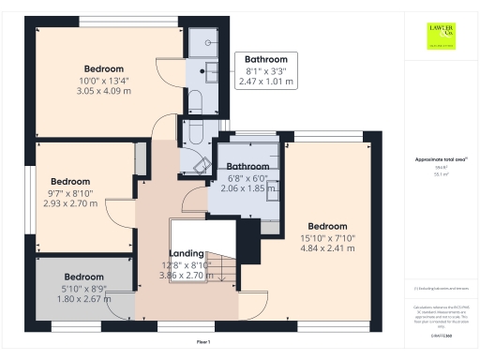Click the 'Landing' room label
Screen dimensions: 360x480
point(187,254)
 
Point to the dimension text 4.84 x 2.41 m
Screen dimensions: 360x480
point(327,249)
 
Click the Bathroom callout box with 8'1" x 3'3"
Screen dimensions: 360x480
point(265,70)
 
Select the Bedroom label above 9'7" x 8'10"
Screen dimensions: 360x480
point(70,181)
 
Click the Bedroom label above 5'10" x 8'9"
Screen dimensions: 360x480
point(83,277)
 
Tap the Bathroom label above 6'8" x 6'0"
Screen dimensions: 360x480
point(247,167)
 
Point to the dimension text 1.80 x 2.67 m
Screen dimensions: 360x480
point(83,299)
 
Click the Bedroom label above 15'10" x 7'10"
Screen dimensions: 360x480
point(327,226)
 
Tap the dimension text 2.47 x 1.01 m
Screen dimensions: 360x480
point(265,82)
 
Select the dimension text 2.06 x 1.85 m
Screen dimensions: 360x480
point(247,188)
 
